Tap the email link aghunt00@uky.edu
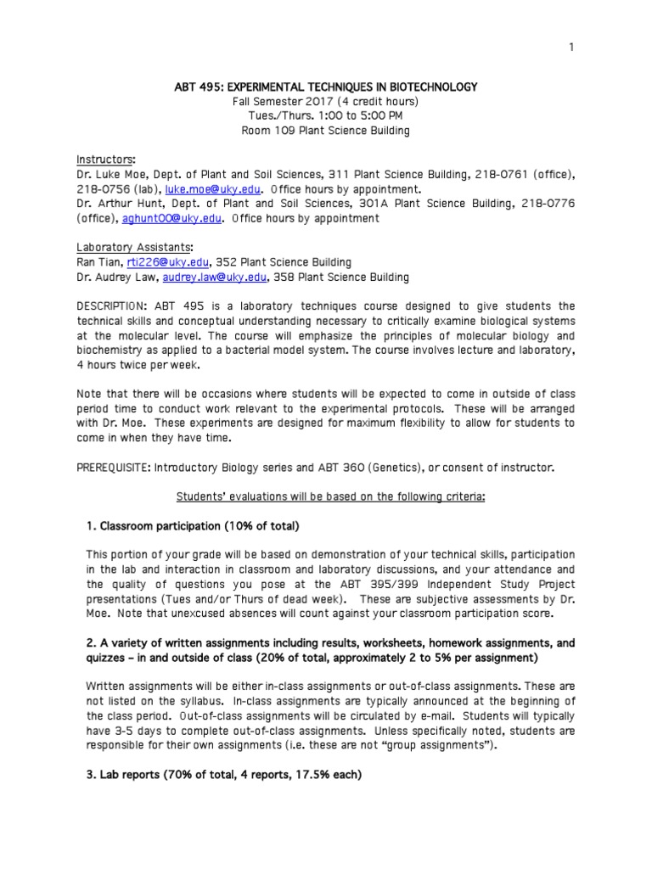[184, 218]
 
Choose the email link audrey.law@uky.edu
[223, 277]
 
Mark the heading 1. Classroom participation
[193, 526]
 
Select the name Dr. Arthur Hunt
[119, 204]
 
